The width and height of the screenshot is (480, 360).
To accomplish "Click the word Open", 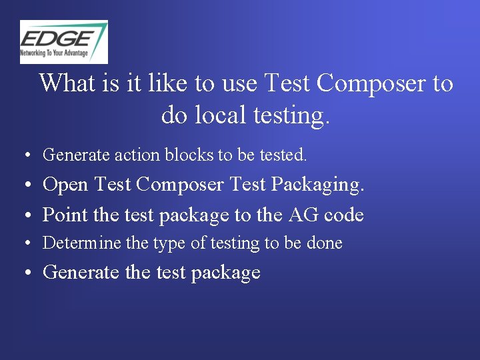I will (65, 185).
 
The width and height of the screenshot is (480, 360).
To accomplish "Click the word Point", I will (65, 215).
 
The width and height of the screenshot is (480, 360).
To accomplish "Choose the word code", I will (344, 215).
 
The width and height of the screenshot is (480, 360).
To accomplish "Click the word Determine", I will (82, 243).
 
